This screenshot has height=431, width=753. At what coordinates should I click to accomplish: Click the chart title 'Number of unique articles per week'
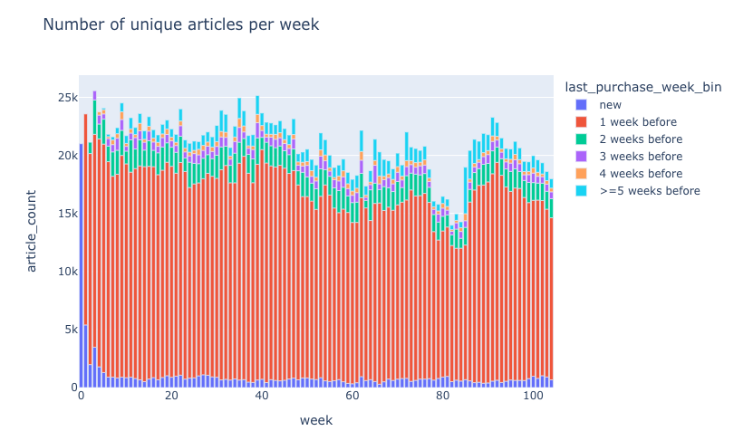tap(180, 25)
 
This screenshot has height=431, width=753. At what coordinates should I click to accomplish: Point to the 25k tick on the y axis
tap(63, 98)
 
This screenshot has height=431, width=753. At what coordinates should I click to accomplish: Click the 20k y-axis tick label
tap(63, 156)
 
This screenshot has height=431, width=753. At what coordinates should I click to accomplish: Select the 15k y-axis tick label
tap(63, 214)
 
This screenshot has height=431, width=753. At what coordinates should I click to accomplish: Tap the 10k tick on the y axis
tap(63, 272)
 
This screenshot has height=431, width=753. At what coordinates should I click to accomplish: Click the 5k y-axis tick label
tap(67, 330)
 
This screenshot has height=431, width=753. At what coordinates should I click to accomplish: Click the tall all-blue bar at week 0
tap(82, 272)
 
